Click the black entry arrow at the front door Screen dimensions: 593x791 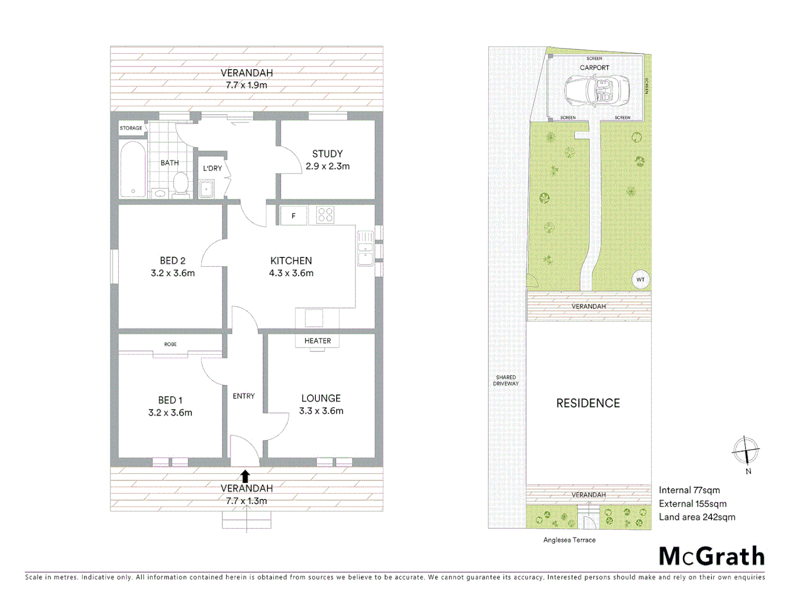coord(246,476)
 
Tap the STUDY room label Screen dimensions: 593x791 coord(327,154)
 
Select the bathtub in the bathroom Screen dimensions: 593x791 coord(133,170)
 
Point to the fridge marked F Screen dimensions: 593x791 coord(293,216)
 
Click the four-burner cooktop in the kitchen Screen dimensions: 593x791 coord(325,215)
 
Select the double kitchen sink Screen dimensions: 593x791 coord(365,249)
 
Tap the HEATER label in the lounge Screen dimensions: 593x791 coord(317,341)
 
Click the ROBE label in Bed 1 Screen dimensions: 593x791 coord(170,344)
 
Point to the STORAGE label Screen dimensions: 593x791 coord(131,128)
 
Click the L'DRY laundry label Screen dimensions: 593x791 coord(213,168)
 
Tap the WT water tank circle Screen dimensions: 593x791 coord(640,279)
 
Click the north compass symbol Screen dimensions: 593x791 coord(745,451)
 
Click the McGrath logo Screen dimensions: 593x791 coord(711,556)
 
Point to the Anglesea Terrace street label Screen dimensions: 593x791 coord(569,540)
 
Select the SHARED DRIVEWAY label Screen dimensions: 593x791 coord(506,381)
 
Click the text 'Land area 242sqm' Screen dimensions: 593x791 coord(697,517)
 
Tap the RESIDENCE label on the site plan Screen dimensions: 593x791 coord(588,403)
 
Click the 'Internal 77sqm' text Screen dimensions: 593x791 coord(689,490)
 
